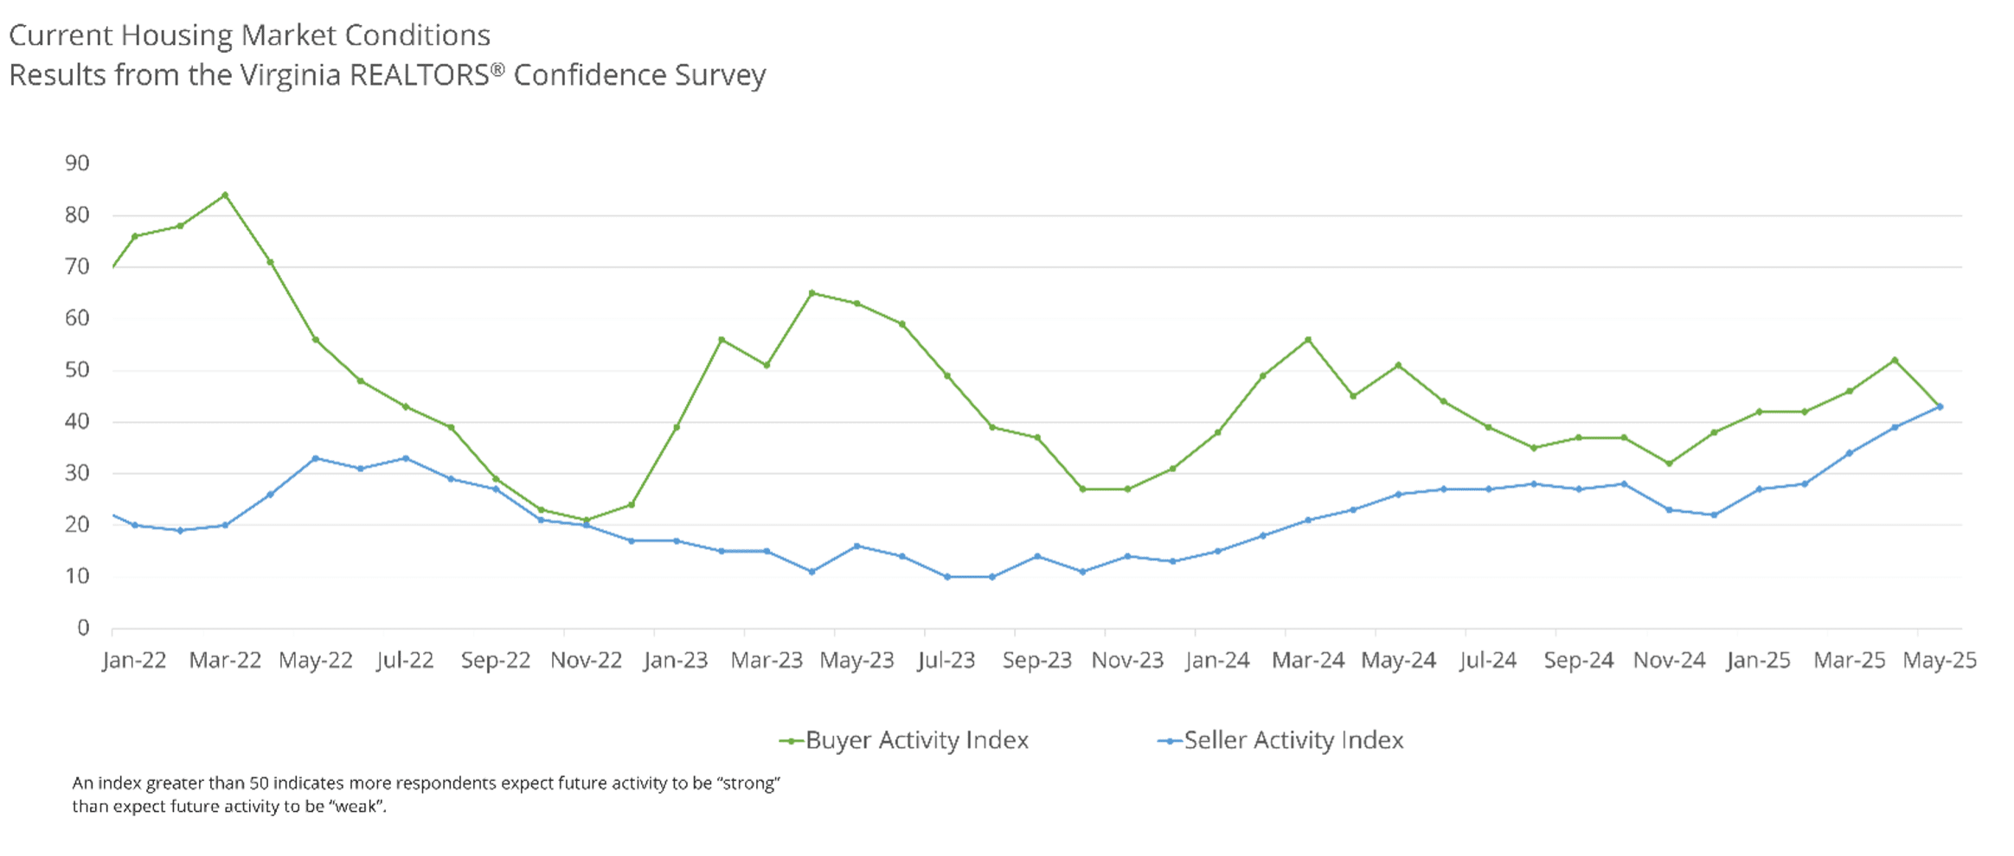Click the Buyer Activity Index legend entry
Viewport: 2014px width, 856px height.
coord(904,740)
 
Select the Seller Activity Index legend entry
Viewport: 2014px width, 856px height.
coord(1280,740)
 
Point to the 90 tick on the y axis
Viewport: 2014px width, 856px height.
coord(77,163)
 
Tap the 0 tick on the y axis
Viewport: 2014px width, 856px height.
coord(83,628)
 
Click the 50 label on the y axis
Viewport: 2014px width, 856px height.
coord(77,370)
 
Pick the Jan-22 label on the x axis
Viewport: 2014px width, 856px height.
coord(134,661)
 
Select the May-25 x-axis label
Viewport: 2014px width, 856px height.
coord(1940,661)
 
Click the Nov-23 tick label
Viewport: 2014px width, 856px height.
coord(1127,661)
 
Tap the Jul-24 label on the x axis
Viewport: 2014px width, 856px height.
coord(1488,661)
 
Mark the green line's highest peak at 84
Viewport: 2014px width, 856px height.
coord(225,195)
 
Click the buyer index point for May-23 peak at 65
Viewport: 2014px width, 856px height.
coord(811,293)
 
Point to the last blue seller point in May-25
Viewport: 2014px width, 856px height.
coord(1940,406)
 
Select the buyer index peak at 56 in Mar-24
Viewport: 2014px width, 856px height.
coord(1308,340)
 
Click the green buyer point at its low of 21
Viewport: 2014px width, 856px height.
coord(587,521)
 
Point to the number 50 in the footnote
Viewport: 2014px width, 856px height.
coord(260,783)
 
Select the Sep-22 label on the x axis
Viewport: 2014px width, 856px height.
coord(495,661)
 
